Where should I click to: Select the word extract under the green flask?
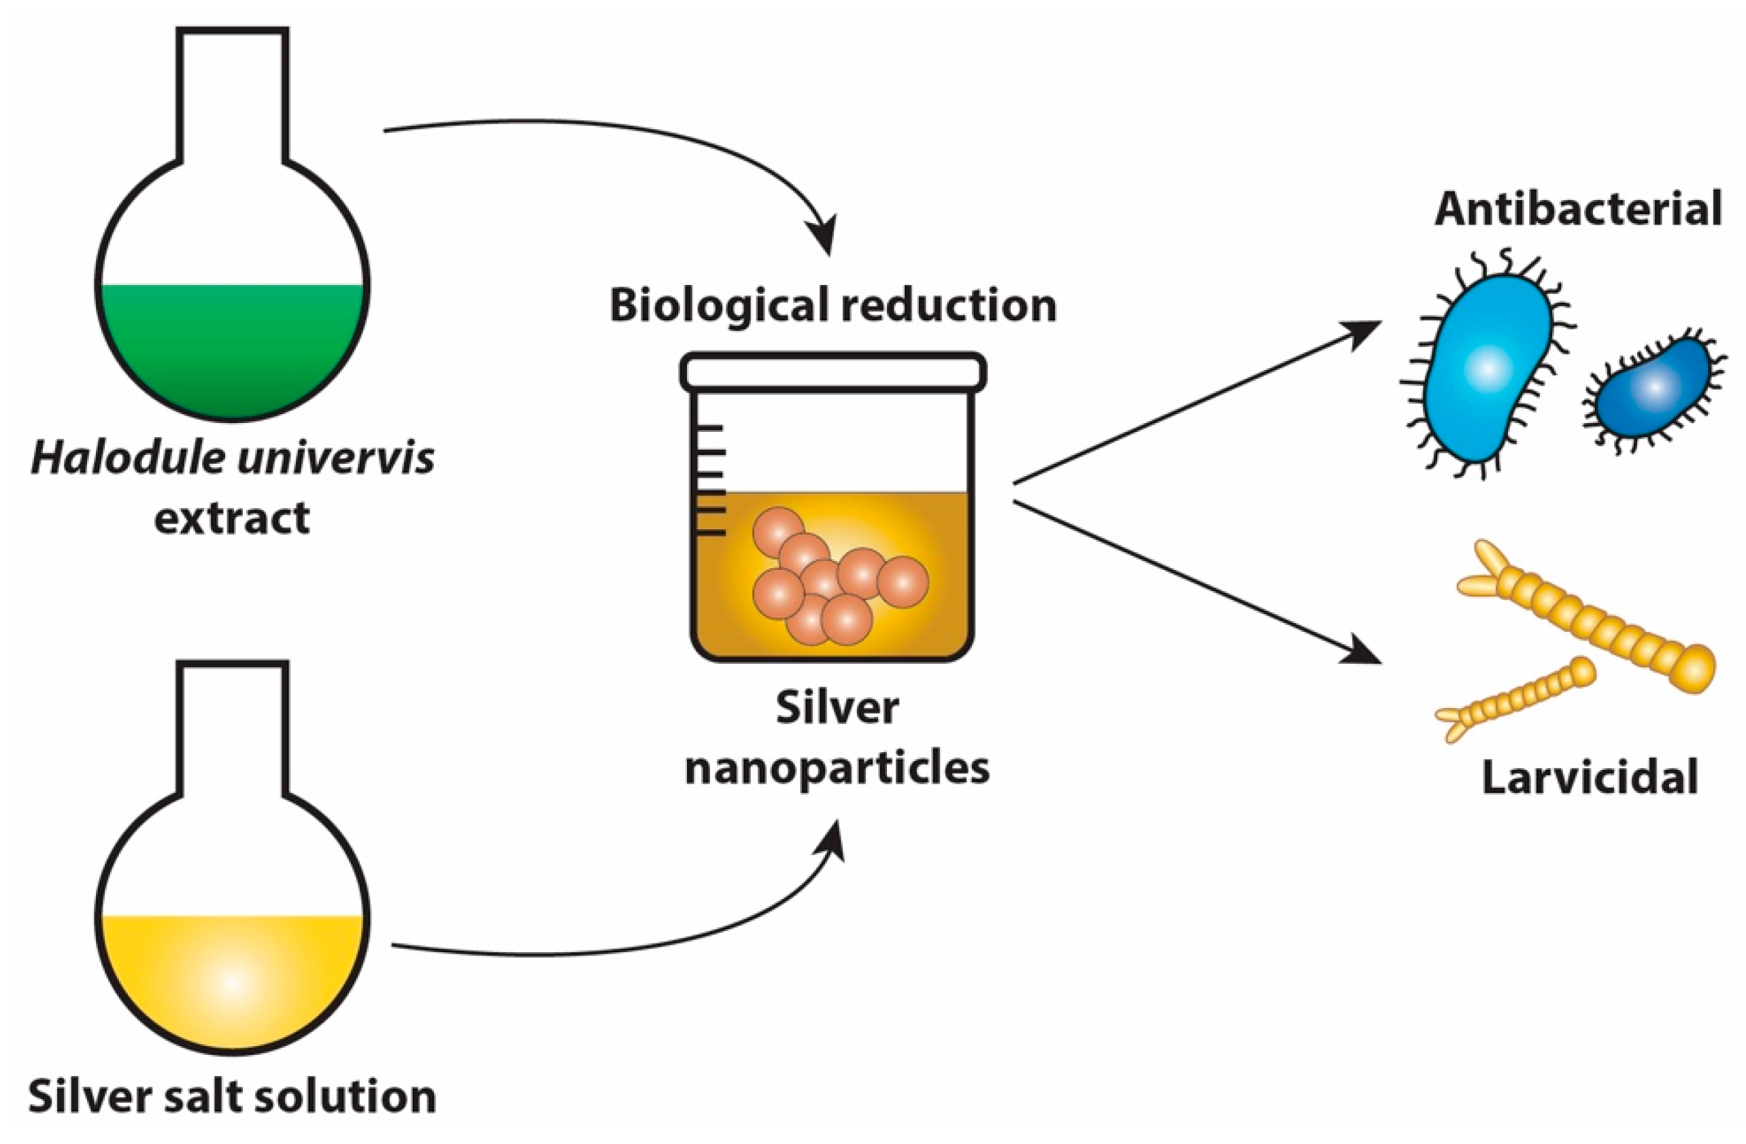(232, 518)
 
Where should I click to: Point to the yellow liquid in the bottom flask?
(232, 976)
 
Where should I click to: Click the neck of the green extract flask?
(232, 95)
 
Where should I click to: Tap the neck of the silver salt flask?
(232, 726)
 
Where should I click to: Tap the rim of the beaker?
(833, 372)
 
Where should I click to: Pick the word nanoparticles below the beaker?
(837, 769)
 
